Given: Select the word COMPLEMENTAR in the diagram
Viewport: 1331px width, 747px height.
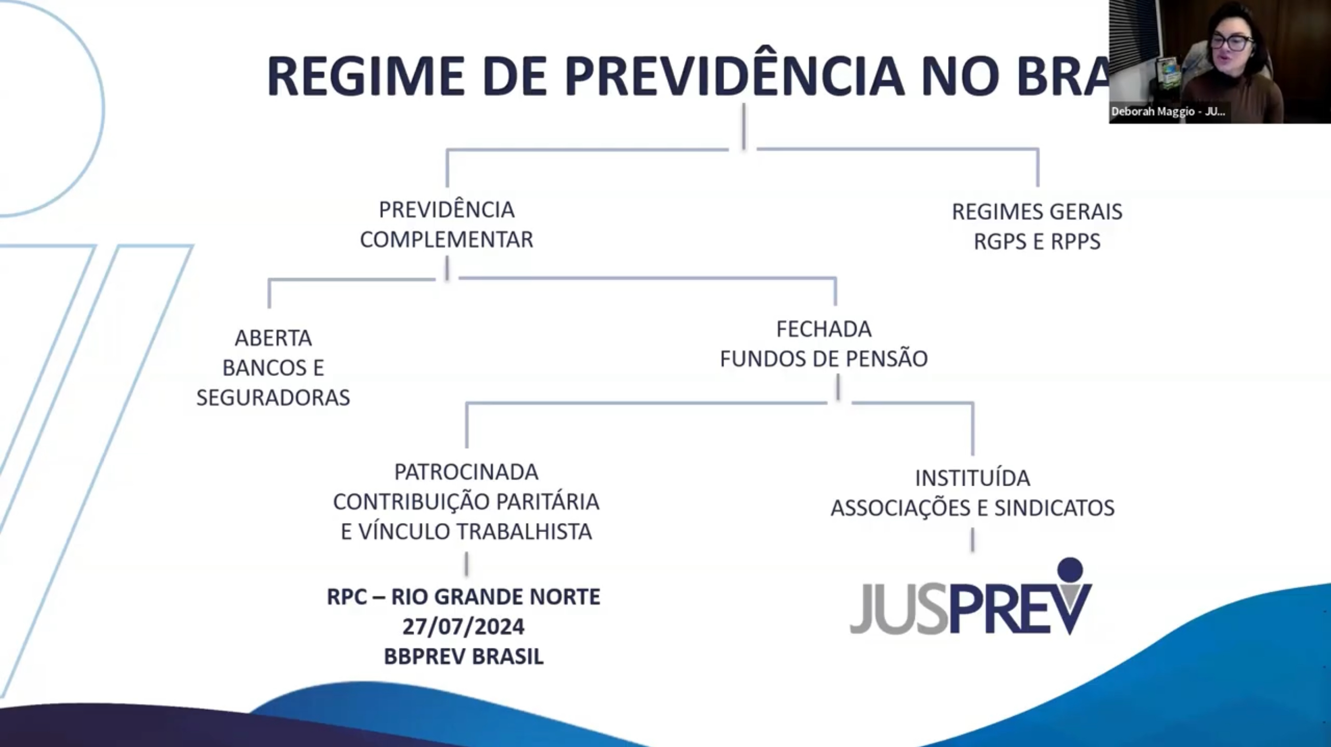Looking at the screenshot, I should tap(446, 240).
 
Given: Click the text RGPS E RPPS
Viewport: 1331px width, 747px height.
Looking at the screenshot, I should tap(1037, 242).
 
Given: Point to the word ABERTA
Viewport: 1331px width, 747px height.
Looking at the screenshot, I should tap(273, 338).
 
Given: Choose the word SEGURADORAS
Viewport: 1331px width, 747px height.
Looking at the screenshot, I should tap(273, 398).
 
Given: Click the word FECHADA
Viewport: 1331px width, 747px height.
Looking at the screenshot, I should tap(824, 329).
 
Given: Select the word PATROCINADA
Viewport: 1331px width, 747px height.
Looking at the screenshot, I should tap(466, 472).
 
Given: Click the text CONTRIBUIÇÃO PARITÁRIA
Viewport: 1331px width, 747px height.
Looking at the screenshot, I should tap(466, 502).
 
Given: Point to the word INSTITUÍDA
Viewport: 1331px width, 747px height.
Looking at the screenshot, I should tap(972, 478).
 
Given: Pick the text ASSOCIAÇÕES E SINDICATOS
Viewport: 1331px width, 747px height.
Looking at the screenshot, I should tap(972, 508).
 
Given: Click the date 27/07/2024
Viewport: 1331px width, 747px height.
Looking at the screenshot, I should tap(463, 627).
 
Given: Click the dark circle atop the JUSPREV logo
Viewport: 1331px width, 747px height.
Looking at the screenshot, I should tap(1070, 569).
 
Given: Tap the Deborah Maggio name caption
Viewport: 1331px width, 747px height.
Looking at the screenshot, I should tap(1168, 112).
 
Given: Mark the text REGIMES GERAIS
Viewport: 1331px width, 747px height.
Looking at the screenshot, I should tap(1037, 212).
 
